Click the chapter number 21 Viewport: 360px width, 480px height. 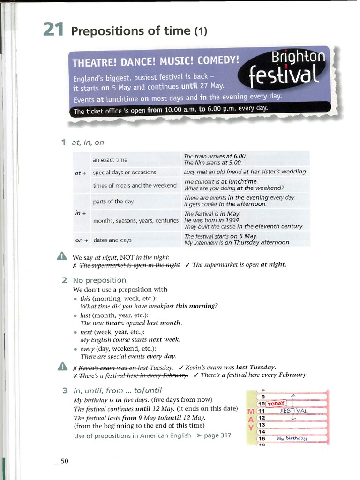tap(53, 30)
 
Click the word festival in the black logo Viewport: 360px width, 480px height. tap(284, 75)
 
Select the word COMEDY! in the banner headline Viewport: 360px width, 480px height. tap(218, 60)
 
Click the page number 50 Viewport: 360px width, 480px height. tap(65, 461)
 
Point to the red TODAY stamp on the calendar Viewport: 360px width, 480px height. tap(277, 404)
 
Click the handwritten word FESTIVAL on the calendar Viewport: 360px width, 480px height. tap(294, 411)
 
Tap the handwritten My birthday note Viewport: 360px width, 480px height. tap(292, 438)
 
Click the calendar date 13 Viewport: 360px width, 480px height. tap(262, 425)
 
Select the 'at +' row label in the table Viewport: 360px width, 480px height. tap(80, 173)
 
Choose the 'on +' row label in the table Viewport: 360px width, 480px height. tap(82, 240)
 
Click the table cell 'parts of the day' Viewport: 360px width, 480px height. tap(113, 202)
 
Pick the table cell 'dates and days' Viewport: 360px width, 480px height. tap(112, 240)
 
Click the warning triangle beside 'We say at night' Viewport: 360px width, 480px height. tap(62, 256)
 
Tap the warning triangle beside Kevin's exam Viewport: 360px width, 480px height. tap(62, 366)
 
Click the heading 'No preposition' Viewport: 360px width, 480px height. tap(99, 280)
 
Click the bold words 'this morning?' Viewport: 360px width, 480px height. tap(196, 306)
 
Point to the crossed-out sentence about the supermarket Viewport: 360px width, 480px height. tap(129, 265)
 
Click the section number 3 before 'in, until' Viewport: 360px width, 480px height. tap(65, 390)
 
